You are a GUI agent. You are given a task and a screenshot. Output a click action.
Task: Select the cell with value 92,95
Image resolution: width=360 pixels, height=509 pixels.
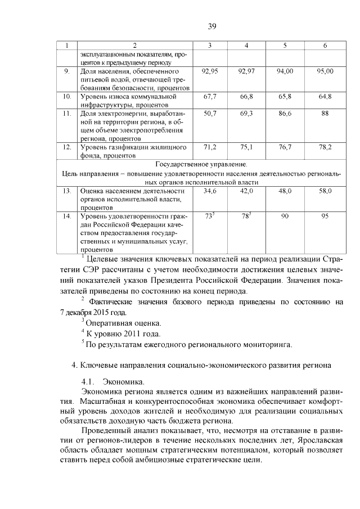(x=209, y=71)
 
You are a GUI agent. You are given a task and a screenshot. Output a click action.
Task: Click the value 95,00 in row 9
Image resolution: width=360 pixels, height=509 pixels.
(x=325, y=71)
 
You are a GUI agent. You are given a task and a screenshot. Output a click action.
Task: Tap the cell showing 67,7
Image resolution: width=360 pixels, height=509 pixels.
(x=209, y=97)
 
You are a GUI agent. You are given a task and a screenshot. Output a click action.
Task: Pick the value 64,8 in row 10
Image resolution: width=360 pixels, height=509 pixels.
(x=325, y=97)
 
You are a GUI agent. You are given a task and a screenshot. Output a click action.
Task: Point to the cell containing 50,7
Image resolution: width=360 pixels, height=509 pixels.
(x=209, y=114)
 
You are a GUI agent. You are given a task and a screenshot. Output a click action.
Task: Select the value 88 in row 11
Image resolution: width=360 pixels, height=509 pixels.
(x=325, y=114)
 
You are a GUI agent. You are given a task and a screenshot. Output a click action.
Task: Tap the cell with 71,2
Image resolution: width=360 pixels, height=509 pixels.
(x=209, y=147)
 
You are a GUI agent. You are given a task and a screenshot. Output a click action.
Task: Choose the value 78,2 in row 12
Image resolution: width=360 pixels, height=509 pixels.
(x=325, y=147)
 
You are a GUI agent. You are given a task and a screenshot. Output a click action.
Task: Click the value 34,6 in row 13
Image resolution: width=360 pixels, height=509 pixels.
(x=209, y=191)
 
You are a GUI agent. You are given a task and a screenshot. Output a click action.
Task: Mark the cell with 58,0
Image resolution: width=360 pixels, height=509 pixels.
(x=325, y=191)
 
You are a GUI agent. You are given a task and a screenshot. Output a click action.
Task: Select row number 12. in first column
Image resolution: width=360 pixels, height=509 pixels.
(x=66, y=147)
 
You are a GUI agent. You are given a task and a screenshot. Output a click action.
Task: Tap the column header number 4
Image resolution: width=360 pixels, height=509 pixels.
(x=246, y=45)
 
